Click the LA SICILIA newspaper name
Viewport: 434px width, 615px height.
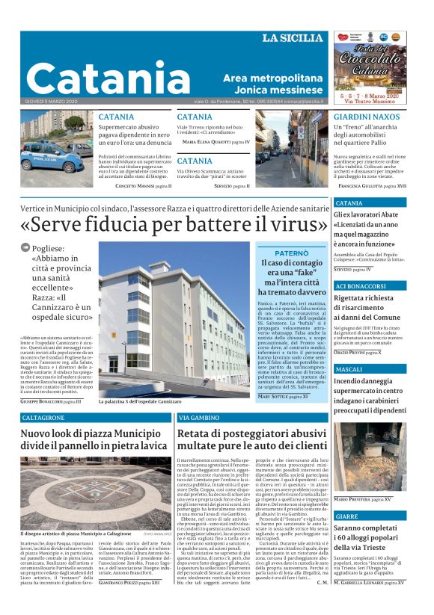294,38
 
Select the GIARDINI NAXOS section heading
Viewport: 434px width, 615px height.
367,117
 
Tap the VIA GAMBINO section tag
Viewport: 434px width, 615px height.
199,418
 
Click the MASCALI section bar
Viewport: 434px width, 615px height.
349,370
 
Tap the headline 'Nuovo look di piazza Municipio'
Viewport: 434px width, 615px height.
94,441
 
